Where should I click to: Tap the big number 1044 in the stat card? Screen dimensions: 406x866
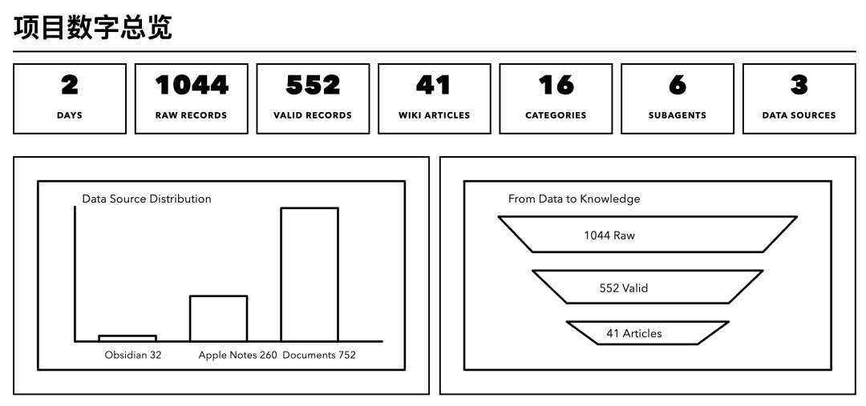click(191, 85)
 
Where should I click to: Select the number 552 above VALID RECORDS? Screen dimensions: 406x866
click(313, 85)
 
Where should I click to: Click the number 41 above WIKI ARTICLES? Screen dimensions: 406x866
click(434, 85)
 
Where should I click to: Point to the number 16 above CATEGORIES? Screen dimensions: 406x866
click(556, 85)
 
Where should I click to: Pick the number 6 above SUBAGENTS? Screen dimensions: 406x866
click(678, 85)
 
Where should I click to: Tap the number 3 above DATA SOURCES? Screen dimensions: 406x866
click(799, 85)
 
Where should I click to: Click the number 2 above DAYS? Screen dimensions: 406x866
click(70, 85)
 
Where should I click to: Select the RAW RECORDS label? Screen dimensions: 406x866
click(191, 115)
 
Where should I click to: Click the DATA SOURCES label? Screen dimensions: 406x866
click(799, 115)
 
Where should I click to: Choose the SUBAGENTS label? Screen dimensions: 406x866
click(678, 115)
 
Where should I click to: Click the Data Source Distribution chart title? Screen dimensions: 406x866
click(147, 199)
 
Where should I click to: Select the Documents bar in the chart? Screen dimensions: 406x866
click(309, 274)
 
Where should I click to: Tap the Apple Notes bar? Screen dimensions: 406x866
click(218, 318)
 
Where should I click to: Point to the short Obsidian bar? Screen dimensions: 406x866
click(127, 338)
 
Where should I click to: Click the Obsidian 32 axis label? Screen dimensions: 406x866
click(133, 355)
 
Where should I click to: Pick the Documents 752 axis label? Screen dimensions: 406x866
click(319, 355)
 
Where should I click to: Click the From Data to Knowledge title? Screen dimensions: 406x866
click(574, 199)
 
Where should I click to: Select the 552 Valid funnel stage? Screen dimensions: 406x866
click(623, 287)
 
